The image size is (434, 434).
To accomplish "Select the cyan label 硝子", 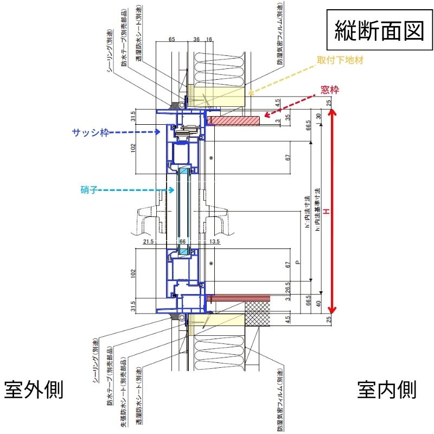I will click(x=87, y=189).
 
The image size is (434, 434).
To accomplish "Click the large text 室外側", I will click(x=34, y=390).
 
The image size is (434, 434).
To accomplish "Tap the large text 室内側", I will click(x=387, y=390).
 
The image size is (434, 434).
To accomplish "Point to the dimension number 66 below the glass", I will click(x=183, y=241).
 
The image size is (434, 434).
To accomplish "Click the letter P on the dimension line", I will click(x=297, y=263).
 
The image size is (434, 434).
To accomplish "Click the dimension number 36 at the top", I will click(x=196, y=40).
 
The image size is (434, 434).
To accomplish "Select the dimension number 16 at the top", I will click(x=209, y=40).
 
